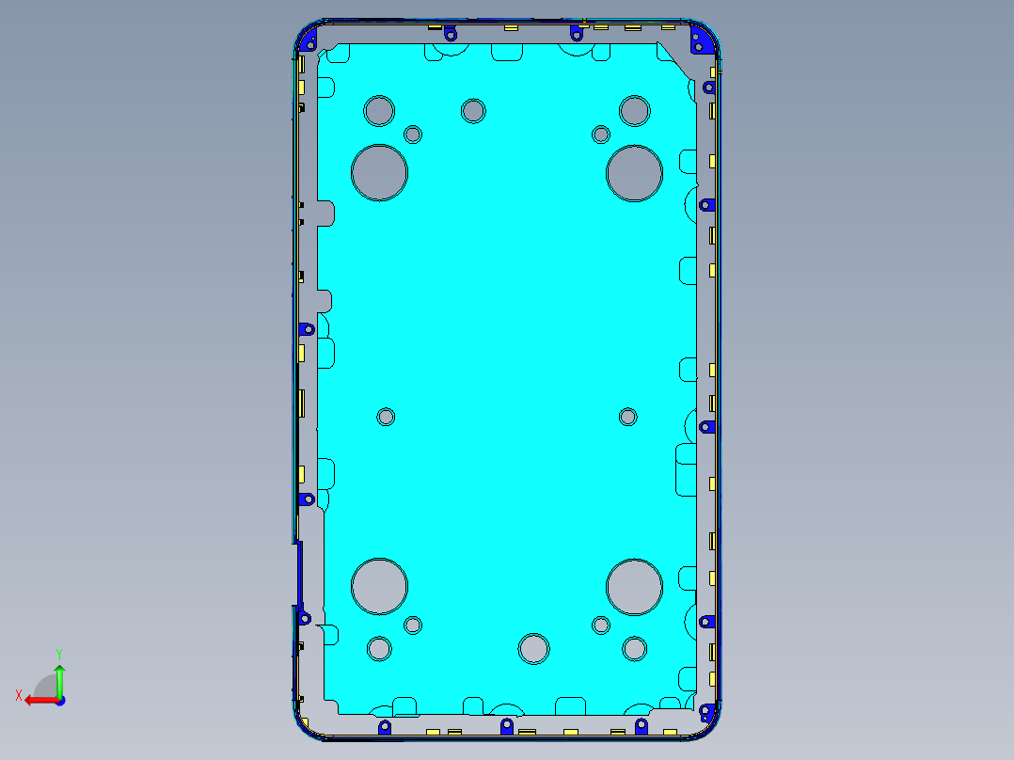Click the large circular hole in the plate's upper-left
[x=379, y=172]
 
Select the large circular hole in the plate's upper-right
[x=635, y=173]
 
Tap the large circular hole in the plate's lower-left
[x=379, y=586]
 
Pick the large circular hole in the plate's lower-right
[x=635, y=586]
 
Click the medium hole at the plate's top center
[x=473, y=111]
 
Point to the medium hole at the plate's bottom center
[x=533, y=648]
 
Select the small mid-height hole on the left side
[x=386, y=417]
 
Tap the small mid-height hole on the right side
[x=628, y=417]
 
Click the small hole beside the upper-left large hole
[x=413, y=135]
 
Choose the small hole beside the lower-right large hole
[x=601, y=625]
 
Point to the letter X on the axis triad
[x=18, y=695]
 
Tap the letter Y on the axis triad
[x=58, y=653]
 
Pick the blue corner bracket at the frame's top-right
[x=702, y=40]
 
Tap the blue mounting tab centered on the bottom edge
[x=506, y=726]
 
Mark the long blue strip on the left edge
[x=300, y=574]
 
